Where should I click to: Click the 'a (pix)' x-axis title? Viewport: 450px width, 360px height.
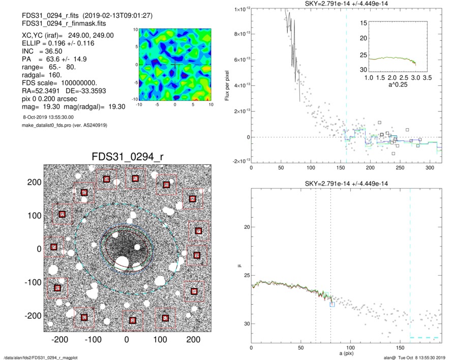click(345, 354)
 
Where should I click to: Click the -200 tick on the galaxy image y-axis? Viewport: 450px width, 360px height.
click(36, 316)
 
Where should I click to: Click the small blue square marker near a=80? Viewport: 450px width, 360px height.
click(332, 305)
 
